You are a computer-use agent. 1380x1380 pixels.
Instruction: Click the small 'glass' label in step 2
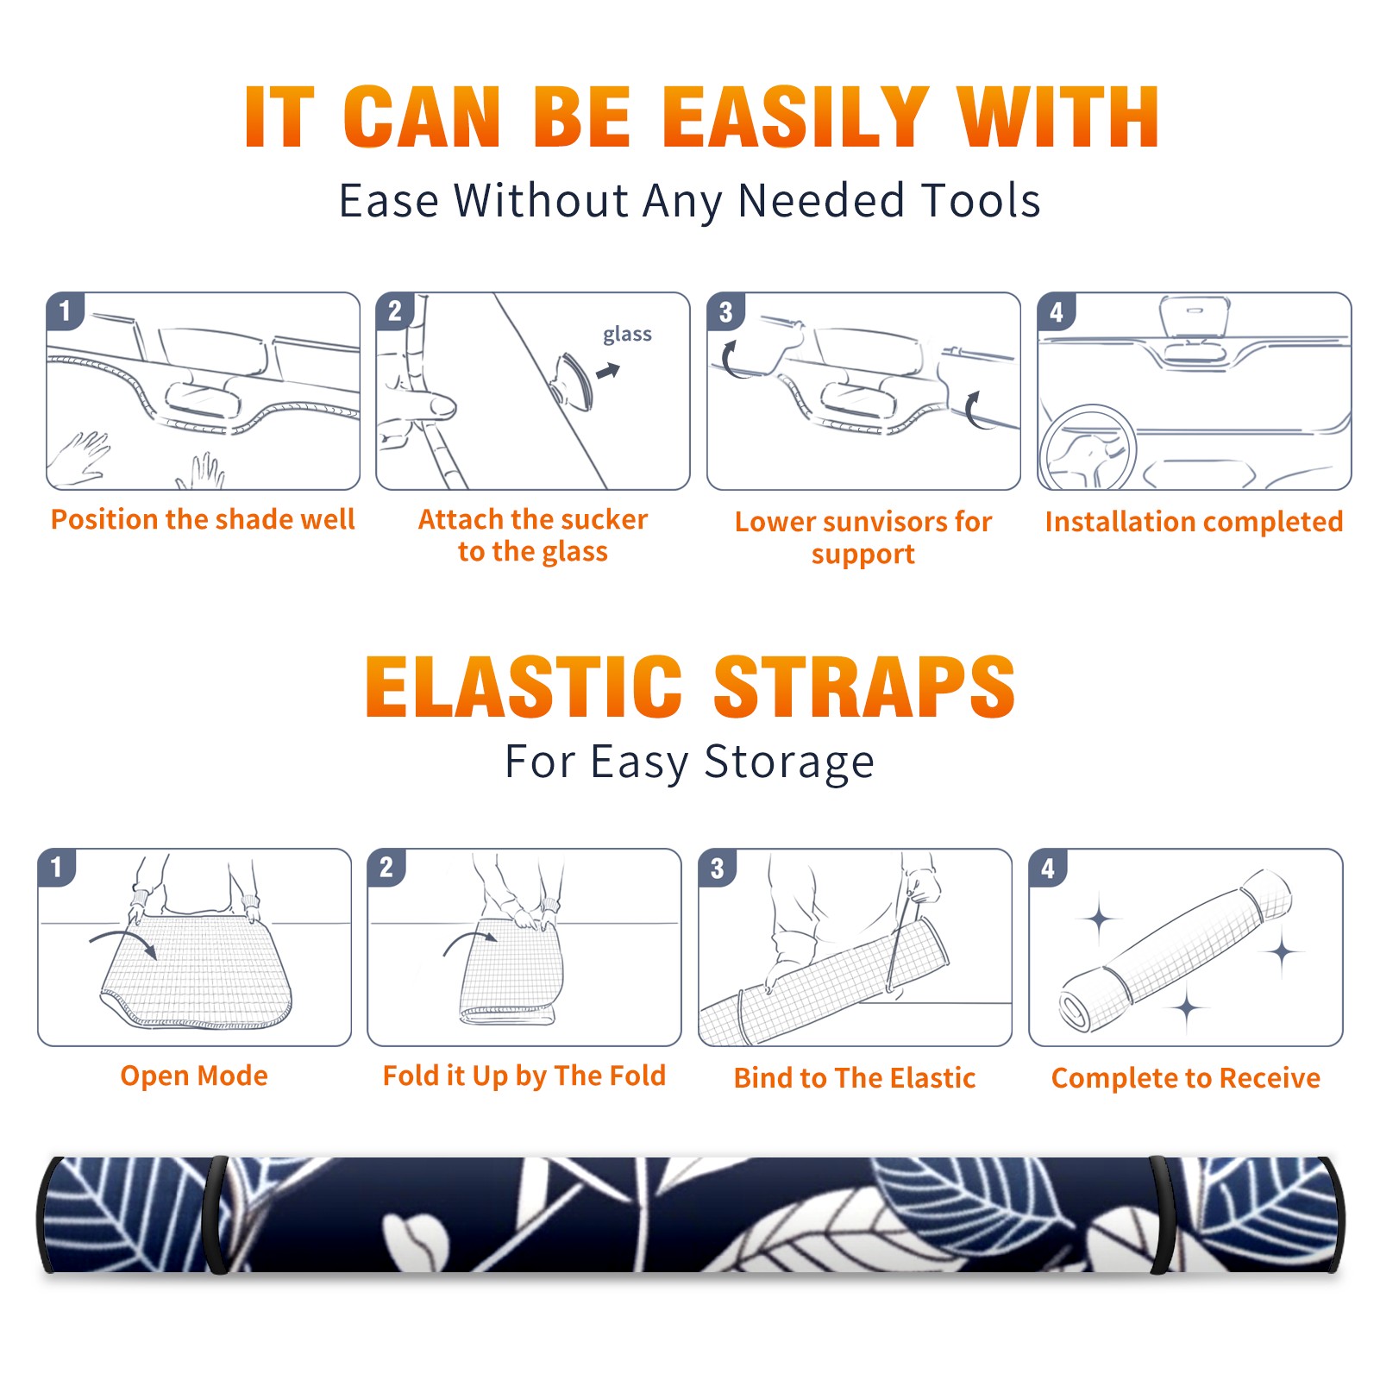tap(627, 335)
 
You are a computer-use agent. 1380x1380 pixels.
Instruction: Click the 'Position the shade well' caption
tap(203, 519)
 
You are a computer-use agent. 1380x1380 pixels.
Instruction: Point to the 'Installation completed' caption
tap(1194, 521)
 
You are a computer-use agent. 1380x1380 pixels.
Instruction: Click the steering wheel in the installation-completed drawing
tap(1088, 448)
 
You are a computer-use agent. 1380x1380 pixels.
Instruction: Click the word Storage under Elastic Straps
tap(789, 762)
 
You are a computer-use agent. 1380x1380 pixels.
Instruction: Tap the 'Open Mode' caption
tap(194, 1076)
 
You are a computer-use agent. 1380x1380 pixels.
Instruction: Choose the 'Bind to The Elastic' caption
tap(854, 1078)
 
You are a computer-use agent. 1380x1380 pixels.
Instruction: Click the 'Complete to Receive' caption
tap(1186, 1078)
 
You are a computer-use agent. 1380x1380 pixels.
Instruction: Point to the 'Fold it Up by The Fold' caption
tap(524, 1076)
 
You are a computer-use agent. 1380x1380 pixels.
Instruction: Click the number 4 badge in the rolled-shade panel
tap(1048, 868)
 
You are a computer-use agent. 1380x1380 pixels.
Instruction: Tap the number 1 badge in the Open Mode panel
tap(57, 868)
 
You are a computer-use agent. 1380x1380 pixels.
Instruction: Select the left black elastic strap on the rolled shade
tap(216, 1214)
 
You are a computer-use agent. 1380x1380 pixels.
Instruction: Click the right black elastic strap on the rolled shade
tap(1164, 1214)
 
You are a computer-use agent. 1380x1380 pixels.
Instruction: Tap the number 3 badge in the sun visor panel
tap(726, 311)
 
